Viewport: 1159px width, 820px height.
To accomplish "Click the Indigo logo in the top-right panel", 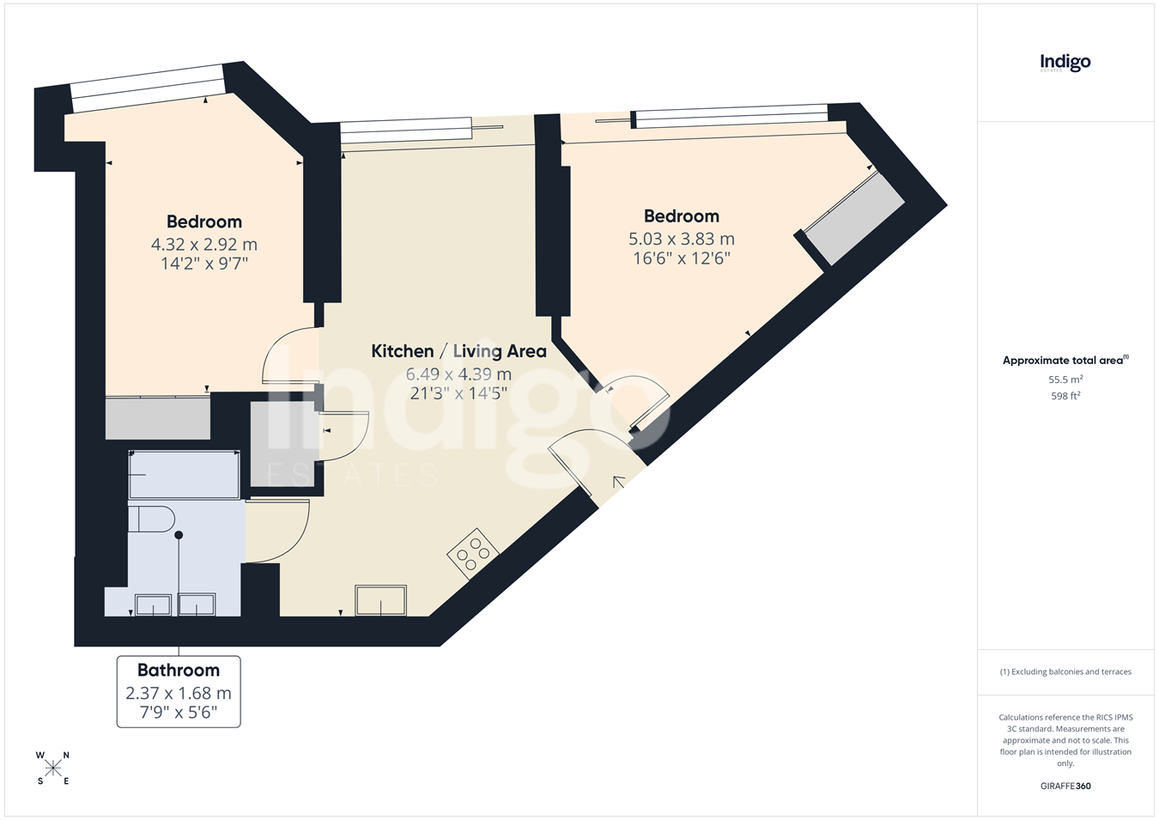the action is pyautogui.click(x=1065, y=64).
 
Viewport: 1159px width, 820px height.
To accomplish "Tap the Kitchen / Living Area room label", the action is pyautogui.click(x=458, y=351).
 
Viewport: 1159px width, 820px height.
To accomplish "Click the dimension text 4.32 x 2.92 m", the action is pyautogui.click(x=203, y=244).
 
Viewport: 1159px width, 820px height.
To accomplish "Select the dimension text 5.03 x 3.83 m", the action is pyautogui.click(x=682, y=239).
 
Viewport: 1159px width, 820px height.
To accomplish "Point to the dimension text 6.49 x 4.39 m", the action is pyautogui.click(x=458, y=374).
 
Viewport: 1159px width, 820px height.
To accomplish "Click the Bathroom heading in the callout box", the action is pyautogui.click(x=179, y=671).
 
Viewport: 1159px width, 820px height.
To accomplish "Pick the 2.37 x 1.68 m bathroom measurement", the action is pyautogui.click(x=179, y=693).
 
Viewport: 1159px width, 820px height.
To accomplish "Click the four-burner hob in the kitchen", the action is pyautogui.click(x=473, y=554).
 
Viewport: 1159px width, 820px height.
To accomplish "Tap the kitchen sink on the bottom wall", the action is pyautogui.click(x=380, y=600).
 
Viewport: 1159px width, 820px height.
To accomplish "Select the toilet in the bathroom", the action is pyautogui.click(x=151, y=519).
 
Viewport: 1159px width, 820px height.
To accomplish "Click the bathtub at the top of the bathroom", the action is pyautogui.click(x=185, y=475).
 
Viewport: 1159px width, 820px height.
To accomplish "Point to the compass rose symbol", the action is pyautogui.click(x=52, y=768).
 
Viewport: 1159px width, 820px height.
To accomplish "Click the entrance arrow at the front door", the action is pyautogui.click(x=618, y=483).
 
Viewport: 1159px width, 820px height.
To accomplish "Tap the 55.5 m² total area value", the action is pyautogui.click(x=1065, y=380).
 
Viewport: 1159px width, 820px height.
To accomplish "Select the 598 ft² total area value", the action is pyautogui.click(x=1065, y=396).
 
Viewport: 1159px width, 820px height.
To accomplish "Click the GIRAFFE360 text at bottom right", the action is pyautogui.click(x=1065, y=786).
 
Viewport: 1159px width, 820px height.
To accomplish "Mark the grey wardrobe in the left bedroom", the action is pyautogui.click(x=158, y=418).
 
